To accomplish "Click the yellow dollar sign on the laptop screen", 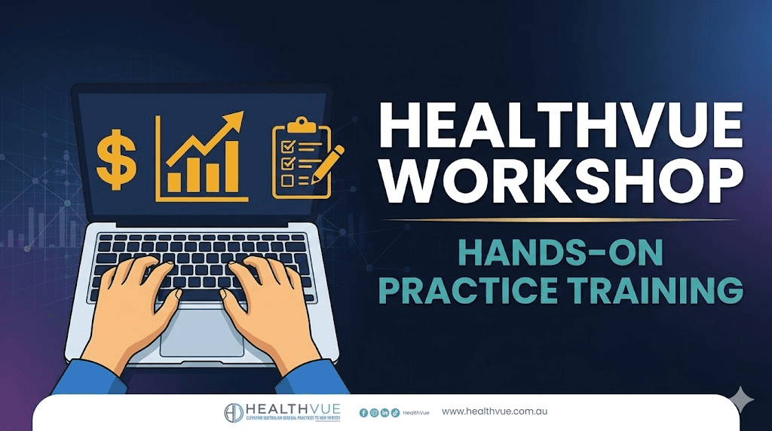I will pos(117,159).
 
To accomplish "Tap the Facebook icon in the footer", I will pos(363,413).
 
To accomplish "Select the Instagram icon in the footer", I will pos(374,413).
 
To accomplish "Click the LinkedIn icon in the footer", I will pos(384,413).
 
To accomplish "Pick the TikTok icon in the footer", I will pos(395,413).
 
